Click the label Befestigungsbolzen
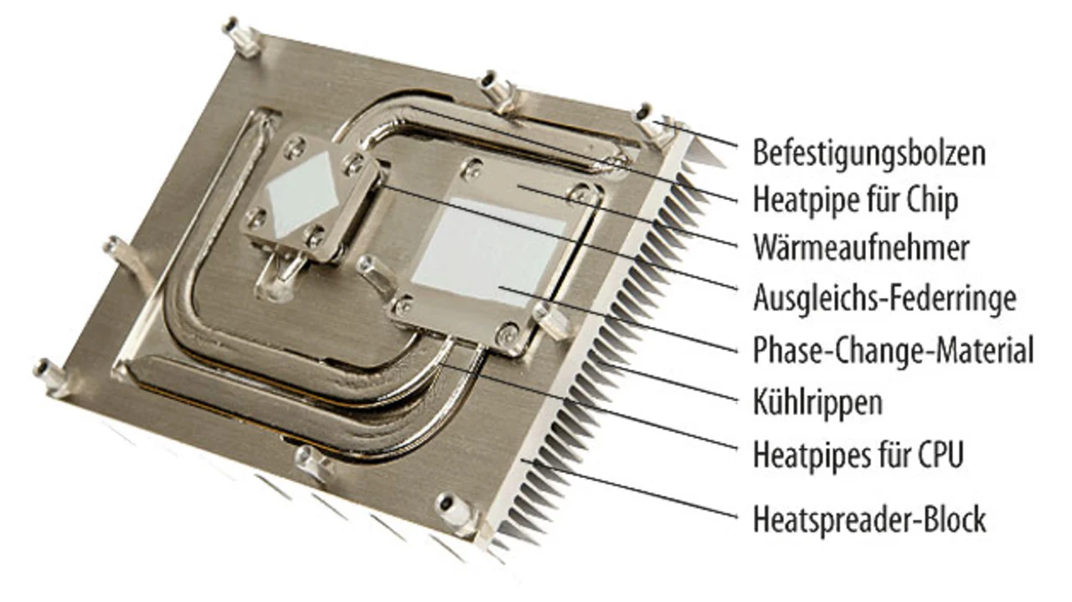click(869, 153)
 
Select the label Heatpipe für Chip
click(856, 200)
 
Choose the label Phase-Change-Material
click(893, 350)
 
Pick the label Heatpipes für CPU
click(858, 455)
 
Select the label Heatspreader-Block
click(869, 519)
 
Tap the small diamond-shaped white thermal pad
click(302, 193)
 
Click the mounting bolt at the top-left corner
click(240, 37)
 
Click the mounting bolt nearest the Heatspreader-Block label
click(455, 510)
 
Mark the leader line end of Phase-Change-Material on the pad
click(499, 286)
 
